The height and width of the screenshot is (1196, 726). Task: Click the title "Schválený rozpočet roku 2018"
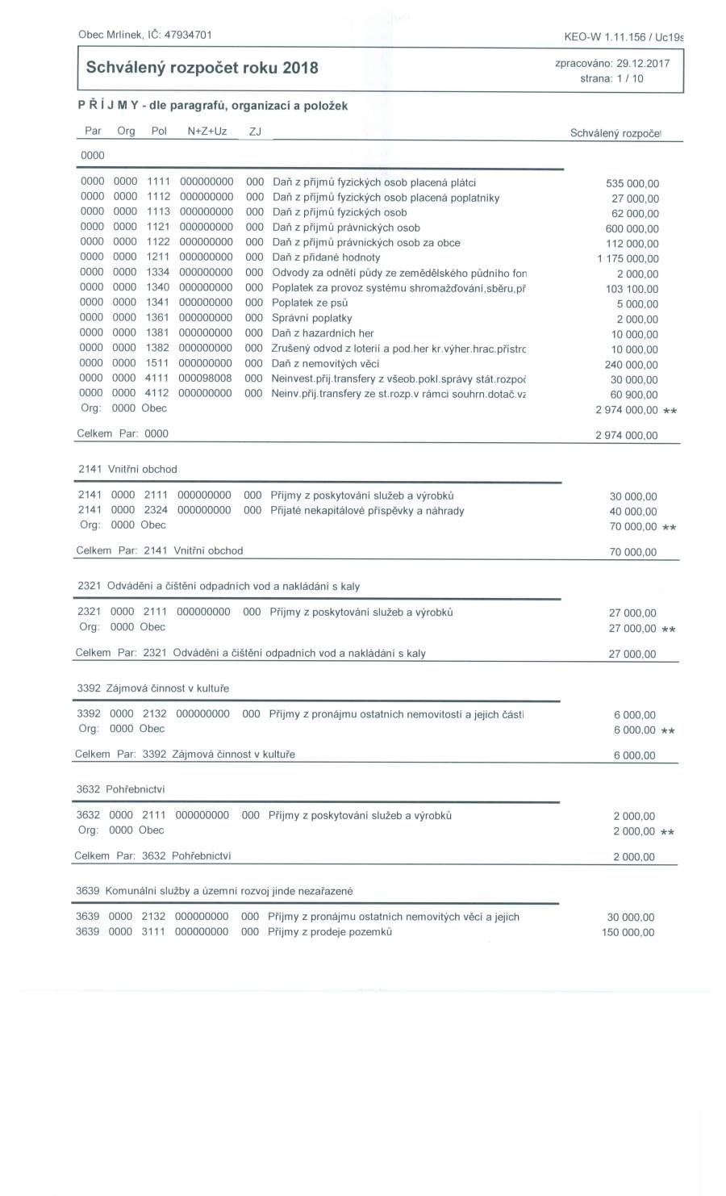click(x=202, y=68)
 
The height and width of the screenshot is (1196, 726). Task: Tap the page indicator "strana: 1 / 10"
click(x=611, y=79)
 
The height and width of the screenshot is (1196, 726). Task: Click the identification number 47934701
click(x=188, y=34)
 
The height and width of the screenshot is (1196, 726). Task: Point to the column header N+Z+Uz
click(x=207, y=131)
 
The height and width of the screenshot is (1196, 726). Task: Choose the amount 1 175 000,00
click(x=628, y=259)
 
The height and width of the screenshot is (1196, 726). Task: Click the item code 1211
click(x=158, y=257)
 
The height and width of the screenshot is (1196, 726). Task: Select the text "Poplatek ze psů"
click(x=311, y=303)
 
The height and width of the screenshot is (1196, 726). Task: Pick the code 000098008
click(x=206, y=378)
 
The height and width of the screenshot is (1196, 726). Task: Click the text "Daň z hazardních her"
click(x=323, y=332)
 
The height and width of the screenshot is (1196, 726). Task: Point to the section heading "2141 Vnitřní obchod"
click(x=127, y=469)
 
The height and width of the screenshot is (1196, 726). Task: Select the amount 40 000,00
click(x=633, y=512)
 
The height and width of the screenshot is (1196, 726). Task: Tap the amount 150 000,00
click(x=628, y=932)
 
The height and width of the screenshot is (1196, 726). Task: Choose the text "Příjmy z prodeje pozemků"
click(x=330, y=931)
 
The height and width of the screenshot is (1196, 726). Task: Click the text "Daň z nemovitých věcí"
click(x=326, y=363)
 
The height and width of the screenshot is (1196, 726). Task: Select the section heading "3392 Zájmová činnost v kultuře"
click(x=153, y=688)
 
